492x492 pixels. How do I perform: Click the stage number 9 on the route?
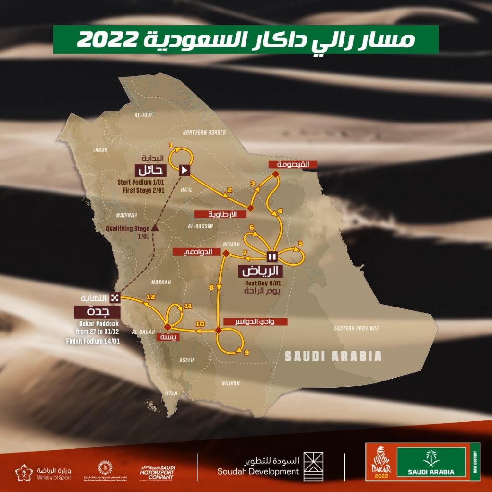pyautogui.click(x=246, y=353)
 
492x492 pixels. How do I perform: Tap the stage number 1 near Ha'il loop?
pyautogui.click(x=171, y=145)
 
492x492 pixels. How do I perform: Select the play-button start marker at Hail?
pyautogui.click(x=184, y=170)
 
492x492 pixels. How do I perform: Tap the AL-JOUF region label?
pyautogui.click(x=144, y=115)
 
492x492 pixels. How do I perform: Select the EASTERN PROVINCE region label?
pyautogui.click(x=356, y=329)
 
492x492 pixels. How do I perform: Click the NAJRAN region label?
pyautogui.click(x=231, y=383)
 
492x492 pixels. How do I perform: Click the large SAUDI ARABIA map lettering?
pyautogui.click(x=333, y=357)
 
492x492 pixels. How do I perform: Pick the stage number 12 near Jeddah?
pyautogui.click(x=150, y=297)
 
